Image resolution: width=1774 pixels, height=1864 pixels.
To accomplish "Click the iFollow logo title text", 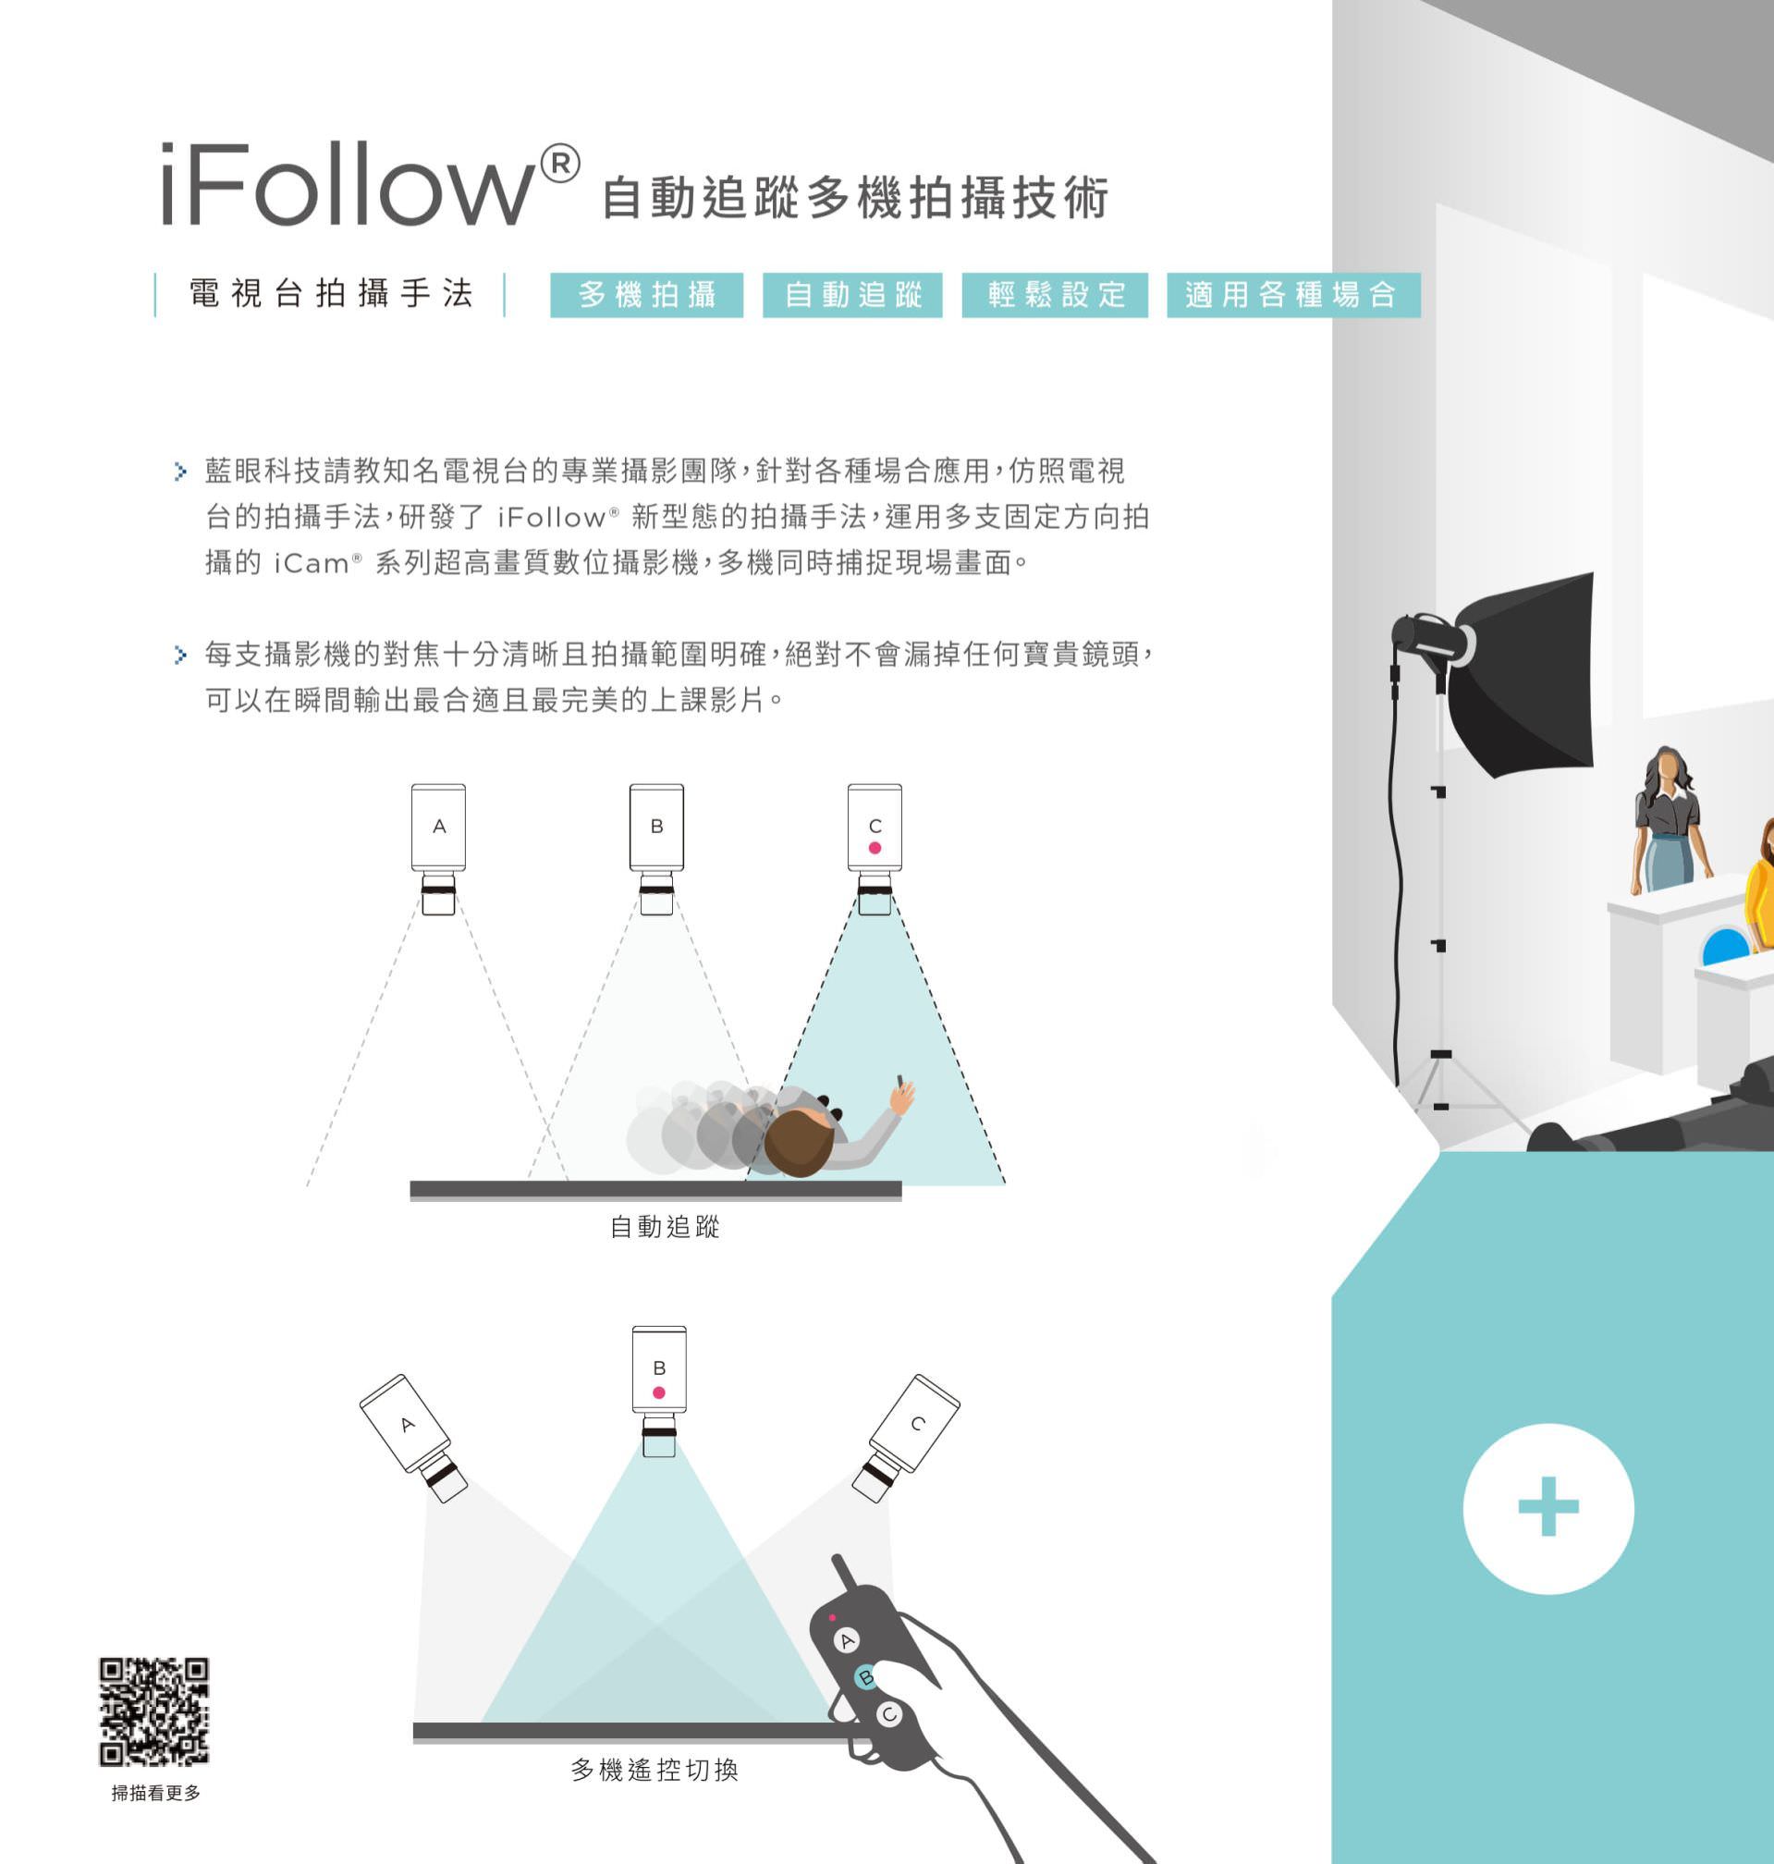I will (x=369, y=184).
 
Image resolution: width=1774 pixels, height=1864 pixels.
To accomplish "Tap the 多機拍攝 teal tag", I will (x=647, y=295).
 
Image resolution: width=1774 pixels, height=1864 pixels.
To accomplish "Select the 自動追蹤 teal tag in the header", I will (x=852, y=295).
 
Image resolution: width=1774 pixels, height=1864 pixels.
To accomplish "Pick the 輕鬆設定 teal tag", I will (x=1055, y=295).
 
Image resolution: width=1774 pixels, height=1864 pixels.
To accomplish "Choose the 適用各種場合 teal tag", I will (x=1292, y=295).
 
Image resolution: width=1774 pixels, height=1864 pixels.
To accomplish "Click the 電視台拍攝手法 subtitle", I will (x=330, y=294).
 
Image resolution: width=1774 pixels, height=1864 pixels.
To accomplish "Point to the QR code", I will (x=154, y=1711).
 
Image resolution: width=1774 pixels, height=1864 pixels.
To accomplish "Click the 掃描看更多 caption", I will (x=156, y=1793).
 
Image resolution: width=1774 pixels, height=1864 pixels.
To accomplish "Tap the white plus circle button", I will (x=1548, y=1507).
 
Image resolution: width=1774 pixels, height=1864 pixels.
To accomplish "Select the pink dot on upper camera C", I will (x=875, y=848).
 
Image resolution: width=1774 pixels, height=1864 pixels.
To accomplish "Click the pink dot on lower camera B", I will (x=659, y=1393).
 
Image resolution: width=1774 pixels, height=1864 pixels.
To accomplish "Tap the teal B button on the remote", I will (x=865, y=1678).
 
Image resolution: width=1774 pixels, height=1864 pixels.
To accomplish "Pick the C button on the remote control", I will (x=889, y=1714).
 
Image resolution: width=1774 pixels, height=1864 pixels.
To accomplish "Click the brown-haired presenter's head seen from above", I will (x=798, y=1143).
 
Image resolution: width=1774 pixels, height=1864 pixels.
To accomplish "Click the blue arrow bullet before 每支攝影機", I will (x=180, y=655).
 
